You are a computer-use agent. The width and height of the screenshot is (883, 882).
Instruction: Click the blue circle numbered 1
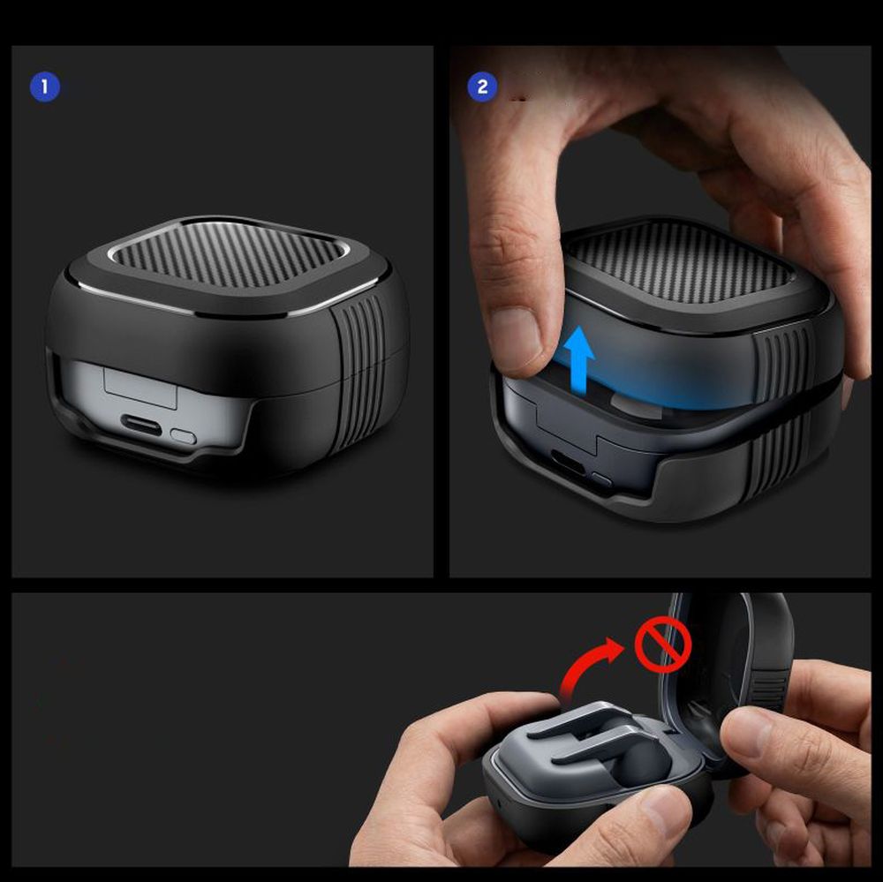44,87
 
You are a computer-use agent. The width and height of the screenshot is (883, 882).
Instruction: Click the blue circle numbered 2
482,87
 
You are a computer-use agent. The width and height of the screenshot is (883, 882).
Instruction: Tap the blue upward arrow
579,361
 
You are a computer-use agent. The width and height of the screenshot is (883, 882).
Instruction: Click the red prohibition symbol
663,644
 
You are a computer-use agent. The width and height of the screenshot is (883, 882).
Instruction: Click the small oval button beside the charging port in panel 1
183,436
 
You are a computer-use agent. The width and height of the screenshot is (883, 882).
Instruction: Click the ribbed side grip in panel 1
360,373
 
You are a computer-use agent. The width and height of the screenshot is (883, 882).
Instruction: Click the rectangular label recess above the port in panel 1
140,387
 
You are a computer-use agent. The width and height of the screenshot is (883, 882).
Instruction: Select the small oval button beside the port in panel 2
600,480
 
